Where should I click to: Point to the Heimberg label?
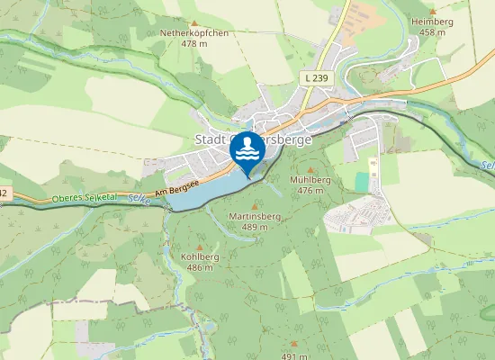click(427, 21)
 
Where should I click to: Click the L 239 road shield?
click(316, 79)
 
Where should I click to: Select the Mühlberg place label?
click(312, 180)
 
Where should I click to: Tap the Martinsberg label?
click(249, 217)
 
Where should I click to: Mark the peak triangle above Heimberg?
click(427, 9)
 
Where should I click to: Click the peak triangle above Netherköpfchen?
click(193, 22)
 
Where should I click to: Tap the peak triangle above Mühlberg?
click(312, 168)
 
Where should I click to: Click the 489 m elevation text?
click(249, 228)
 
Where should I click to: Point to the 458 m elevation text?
click(432, 31)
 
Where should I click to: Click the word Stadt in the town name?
click(210, 139)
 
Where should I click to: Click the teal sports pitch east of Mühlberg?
click(362, 181)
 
